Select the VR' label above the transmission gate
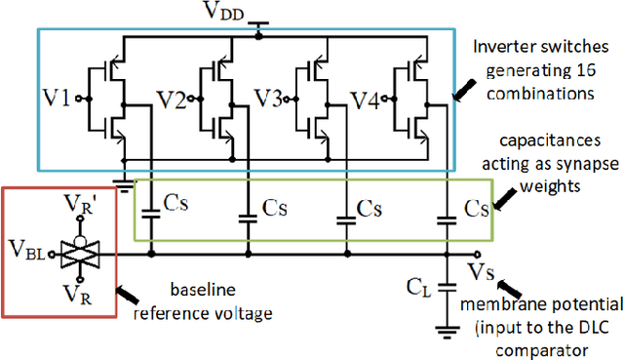[x=77, y=206]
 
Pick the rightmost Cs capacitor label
[x=477, y=210]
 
